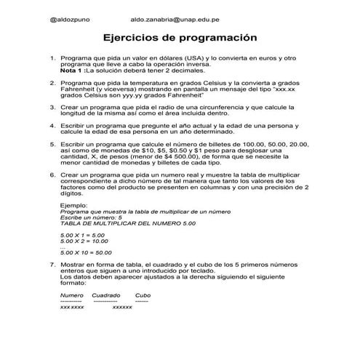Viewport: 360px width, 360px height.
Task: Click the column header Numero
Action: (71, 295)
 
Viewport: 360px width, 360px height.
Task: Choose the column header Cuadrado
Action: (106, 295)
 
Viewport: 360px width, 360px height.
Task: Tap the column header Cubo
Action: (143, 295)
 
